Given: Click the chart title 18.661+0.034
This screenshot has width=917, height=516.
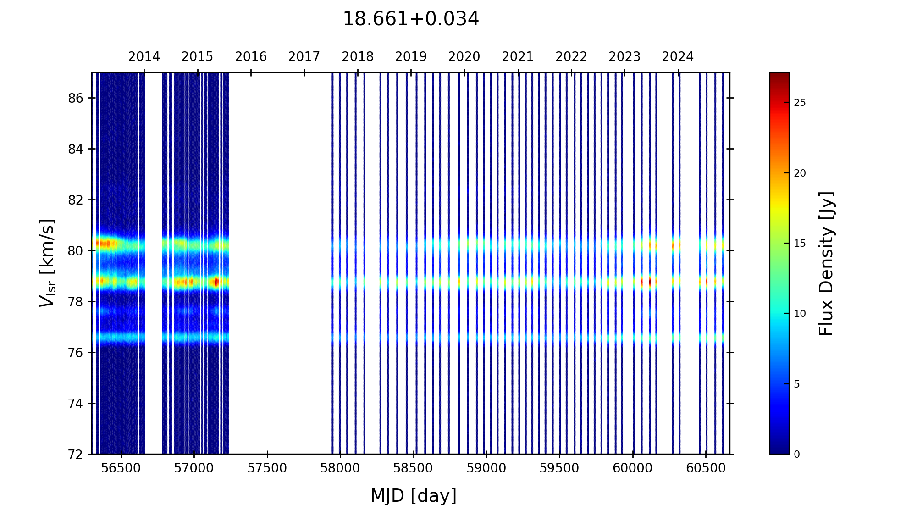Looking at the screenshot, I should click(x=410, y=19).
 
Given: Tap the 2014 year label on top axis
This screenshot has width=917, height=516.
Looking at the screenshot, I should click(x=144, y=57).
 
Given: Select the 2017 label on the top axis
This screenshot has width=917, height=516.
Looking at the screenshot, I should click(x=304, y=57).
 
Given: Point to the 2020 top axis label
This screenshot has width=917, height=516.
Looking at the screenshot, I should click(x=464, y=57).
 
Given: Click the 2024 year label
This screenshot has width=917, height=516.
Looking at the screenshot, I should click(x=678, y=57).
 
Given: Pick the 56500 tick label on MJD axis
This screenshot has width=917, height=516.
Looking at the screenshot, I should click(x=121, y=468).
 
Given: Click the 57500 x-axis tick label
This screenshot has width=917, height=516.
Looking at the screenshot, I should click(x=267, y=468).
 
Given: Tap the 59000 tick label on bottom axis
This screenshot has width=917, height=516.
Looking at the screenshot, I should click(x=486, y=468).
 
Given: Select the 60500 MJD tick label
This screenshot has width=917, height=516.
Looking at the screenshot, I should click(x=706, y=468).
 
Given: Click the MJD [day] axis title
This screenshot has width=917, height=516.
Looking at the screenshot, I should click(x=413, y=496).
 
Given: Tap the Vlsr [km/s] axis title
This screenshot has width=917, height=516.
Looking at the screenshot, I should click(x=47, y=263).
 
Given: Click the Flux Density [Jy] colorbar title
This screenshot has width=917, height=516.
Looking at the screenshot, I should click(x=826, y=263).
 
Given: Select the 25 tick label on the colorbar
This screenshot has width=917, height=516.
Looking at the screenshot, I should click(x=800, y=103).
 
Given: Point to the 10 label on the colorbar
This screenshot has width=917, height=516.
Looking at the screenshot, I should click(x=800, y=314).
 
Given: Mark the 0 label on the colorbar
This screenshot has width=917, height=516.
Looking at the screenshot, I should click(x=797, y=455).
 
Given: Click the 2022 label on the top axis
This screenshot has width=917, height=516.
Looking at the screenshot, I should click(x=571, y=57).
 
